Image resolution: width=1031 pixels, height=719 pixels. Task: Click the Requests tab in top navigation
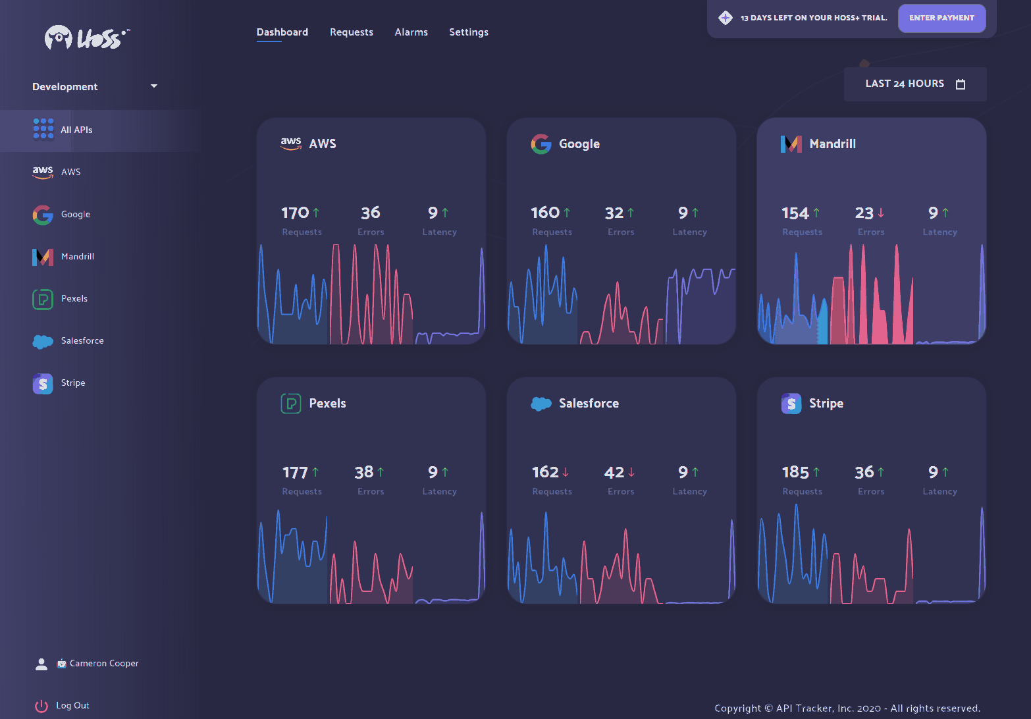[x=351, y=32]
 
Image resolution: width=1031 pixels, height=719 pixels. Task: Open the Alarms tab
[x=411, y=32]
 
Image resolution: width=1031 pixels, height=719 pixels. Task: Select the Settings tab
[x=468, y=32]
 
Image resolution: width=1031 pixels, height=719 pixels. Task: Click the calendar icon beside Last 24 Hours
[x=961, y=84]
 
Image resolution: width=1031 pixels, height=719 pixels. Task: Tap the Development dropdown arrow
[x=154, y=86]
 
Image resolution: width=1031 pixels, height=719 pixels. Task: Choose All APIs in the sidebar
[x=76, y=130]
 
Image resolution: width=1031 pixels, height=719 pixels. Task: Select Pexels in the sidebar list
[x=74, y=298]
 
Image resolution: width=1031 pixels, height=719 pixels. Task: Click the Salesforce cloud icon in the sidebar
[x=43, y=341]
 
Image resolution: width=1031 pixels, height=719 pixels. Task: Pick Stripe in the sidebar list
[x=73, y=383]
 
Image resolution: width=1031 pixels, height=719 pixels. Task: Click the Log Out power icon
[x=41, y=706]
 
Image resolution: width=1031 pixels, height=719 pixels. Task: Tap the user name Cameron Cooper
[x=104, y=664]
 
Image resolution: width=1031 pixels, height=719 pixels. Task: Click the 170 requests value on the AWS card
[x=294, y=213]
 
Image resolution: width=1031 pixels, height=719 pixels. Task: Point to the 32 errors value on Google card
[x=614, y=213]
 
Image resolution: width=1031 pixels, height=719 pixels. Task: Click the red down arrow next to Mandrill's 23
[x=881, y=213]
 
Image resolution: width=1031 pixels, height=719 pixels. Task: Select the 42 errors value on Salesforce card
[x=614, y=472]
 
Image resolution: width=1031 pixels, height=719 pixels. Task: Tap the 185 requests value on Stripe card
[x=795, y=472]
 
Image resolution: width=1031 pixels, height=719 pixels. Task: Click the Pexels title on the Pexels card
[x=327, y=403]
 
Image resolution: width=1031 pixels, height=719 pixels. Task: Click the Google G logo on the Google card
[x=541, y=144]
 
